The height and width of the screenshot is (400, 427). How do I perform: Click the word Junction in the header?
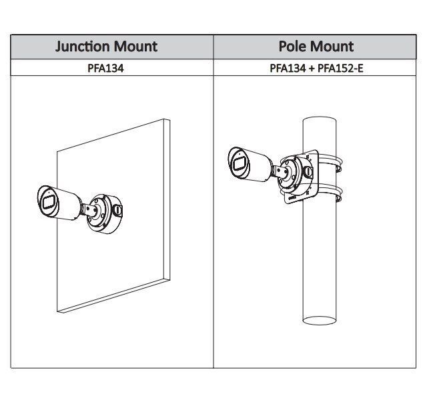click(x=83, y=47)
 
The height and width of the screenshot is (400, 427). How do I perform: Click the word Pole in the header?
click(x=292, y=46)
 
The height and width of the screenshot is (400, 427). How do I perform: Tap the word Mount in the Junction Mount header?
click(x=135, y=46)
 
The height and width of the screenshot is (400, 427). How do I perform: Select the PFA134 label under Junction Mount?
click(x=105, y=68)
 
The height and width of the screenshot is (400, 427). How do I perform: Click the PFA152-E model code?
click(x=340, y=68)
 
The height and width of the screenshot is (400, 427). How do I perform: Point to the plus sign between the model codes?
click(x=312, y=68)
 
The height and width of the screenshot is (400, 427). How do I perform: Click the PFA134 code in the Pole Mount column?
click(x=288, y=68)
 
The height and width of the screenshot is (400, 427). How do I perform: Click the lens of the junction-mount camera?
click(x=48, y=202)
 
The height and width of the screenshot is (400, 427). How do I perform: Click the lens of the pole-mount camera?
click(x=239, y=163)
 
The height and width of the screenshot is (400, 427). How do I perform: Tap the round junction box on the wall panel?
click(x=105, y=213)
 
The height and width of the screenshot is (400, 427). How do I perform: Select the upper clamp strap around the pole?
click(x=330, y=163)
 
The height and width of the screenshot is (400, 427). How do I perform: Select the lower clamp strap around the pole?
click(x=330, y=193)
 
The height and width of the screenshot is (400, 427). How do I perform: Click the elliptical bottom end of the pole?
click(x=320, y=320)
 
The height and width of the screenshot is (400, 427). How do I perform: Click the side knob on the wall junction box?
click(x=117, y=211)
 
